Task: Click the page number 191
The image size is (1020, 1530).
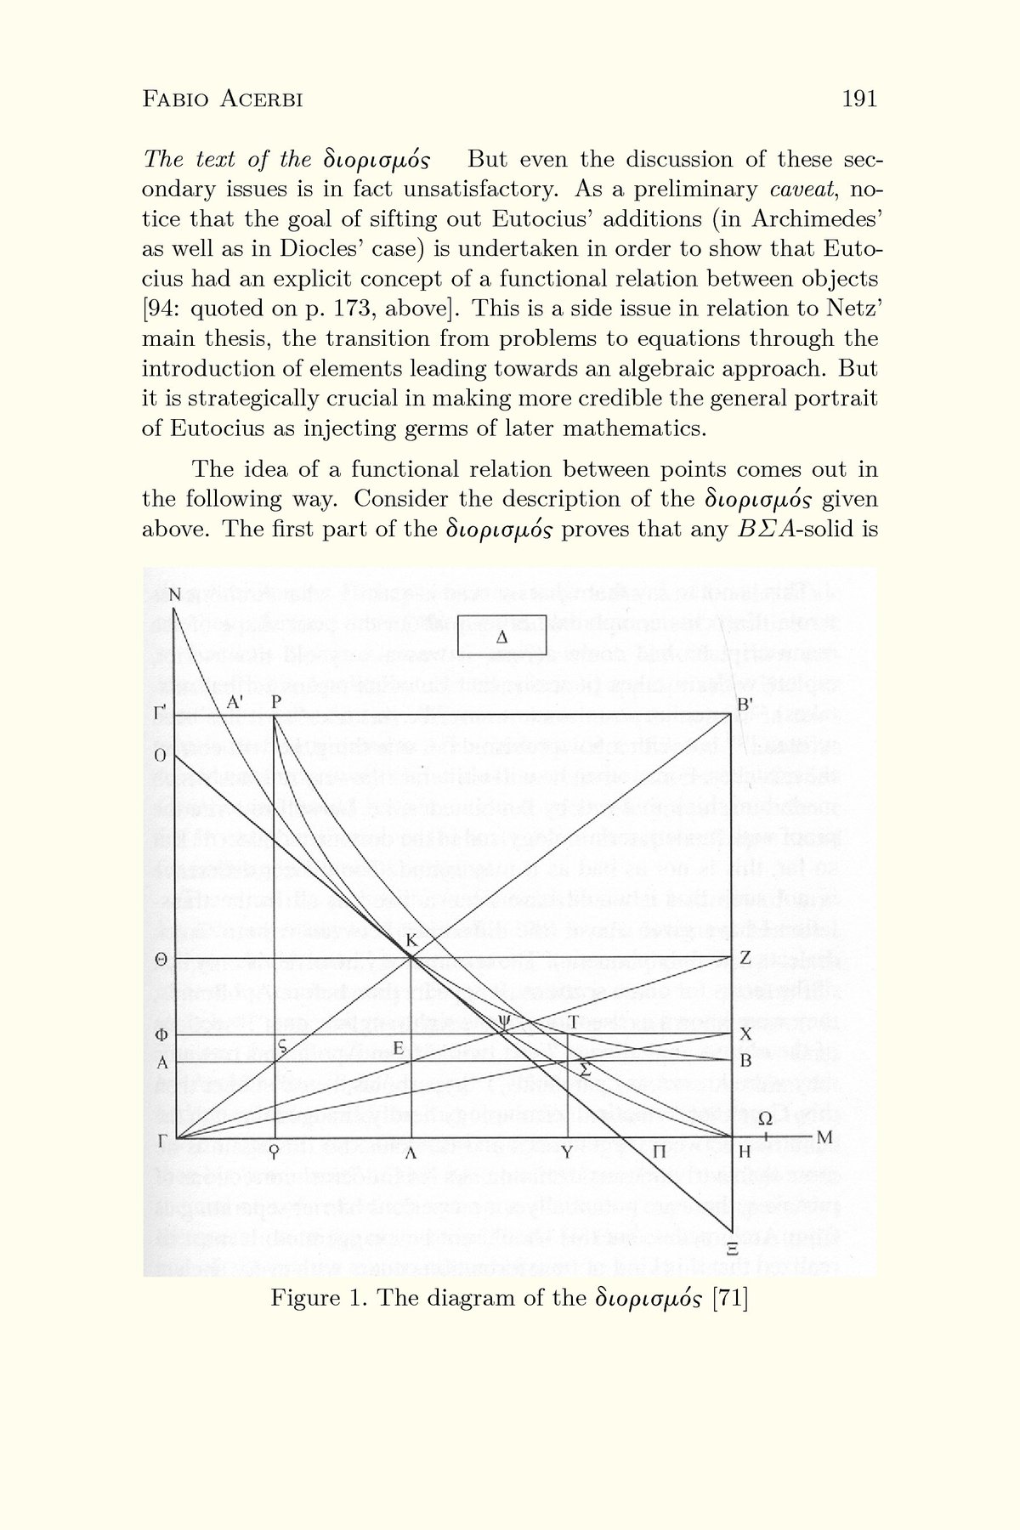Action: (x=858, y=99)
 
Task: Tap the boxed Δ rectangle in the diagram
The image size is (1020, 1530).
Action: (x=501, y=635)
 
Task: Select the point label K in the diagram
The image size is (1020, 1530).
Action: (x=411, y=941)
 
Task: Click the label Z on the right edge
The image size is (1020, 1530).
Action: (x=745, y=958)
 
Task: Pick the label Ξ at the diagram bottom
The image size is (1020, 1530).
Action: (x=731, y=1250)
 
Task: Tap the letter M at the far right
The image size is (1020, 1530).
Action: (x=822, y=1137)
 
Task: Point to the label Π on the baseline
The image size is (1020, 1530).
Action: (x=658, y=1153)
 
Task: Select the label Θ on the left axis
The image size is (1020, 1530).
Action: (x=160, y=959)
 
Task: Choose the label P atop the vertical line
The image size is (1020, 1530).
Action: (x=275, y=703)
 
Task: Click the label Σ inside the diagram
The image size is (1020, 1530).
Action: (x=585, y=1068)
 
